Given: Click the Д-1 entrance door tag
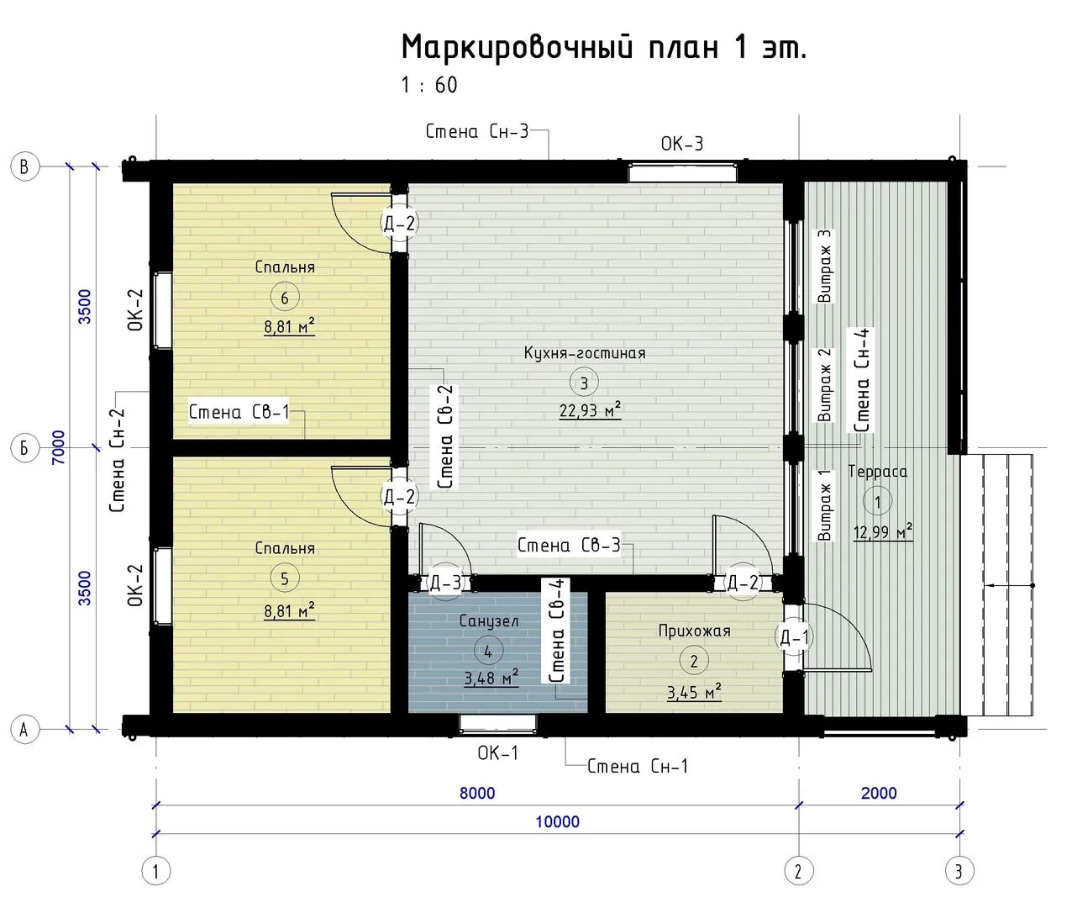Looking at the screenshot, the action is pyautogui.click(x=794, y=637).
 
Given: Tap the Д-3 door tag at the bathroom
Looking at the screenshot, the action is pyautogui.click(x=445, y=582).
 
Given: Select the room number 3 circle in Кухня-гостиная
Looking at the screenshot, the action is pyautogui.click(x=584, y=383).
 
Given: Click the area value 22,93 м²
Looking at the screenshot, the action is pyautogui.click(x=591, y=410).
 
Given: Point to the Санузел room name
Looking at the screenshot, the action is pyautogui.click(x=489, y=621).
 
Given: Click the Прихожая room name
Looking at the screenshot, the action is pyautogui.click(x=695, y=631).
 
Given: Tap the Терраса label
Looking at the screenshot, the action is pyautogui.click(x=878, y=472).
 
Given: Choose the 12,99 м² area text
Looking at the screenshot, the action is pyautogui.click(x=883, y=532).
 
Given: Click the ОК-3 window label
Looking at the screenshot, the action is pyautogui.click(x=682, y=144).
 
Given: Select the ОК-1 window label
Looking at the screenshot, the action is pyautogui.click(x=498, y=752).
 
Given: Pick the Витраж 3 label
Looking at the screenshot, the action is pyautogui.click(x=824, y=266).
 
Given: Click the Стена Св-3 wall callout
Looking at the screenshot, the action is pyautogui.click(x=569, y=545).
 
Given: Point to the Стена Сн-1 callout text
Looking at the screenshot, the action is pyautogui.click(x=638, y=766).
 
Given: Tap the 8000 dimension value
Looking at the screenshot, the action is pyautogui.click(x=477, y=794).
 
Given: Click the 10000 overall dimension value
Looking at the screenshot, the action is pyautogui.click(x=558, y=821).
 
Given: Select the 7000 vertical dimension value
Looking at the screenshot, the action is pyautogui.click(x=59, y=447).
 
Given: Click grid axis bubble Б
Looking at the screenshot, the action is pyautogui.click(x=25, y=447).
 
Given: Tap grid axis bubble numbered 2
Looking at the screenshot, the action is pyautogui.click(x=799, y=871).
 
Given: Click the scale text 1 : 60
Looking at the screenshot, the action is pyautogui.click(x=429, y=85).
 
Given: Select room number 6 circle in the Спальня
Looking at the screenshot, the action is pyautogui.click(x=284, y=298).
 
